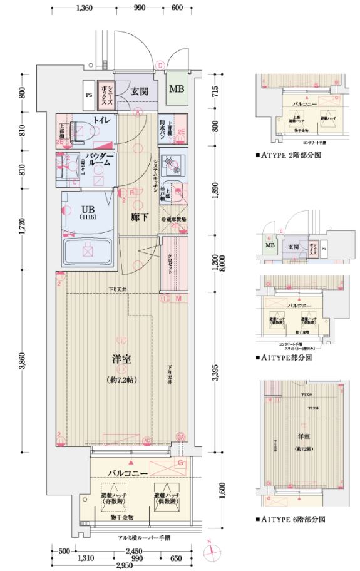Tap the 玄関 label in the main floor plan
coord(139,91)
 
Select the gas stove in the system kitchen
coord(172,165)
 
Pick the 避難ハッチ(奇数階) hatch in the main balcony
coord(112,495)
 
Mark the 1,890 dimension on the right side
coord(215,193)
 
